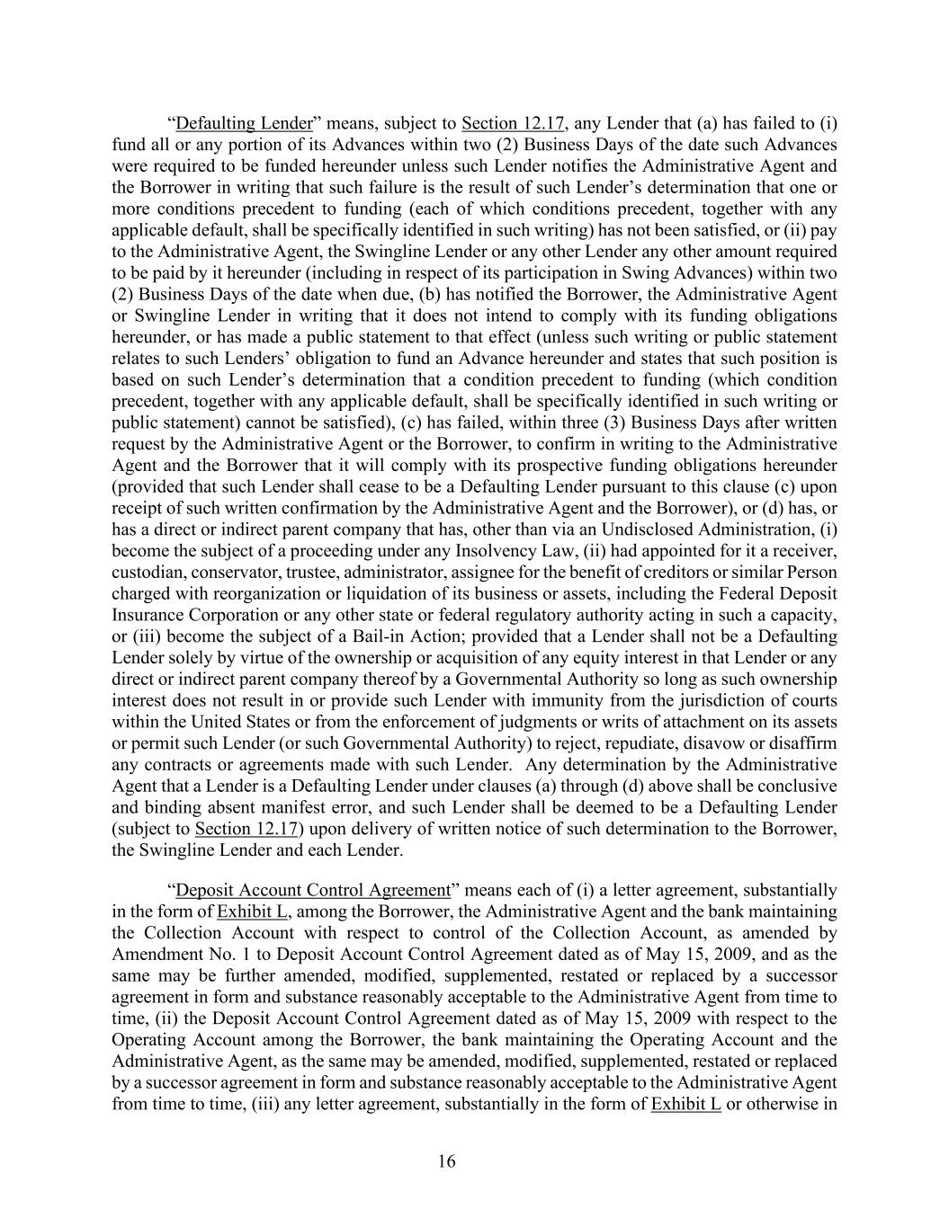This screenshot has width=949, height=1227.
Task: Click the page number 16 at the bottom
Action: pyautogui.click(x=447, y=1161)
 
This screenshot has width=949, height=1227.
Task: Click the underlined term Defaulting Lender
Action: pyautogui.click(x=244, y=123)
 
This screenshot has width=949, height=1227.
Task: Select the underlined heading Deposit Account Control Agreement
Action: pyautogui.click(x=312, y=890)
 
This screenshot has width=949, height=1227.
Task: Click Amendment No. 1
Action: pyautogui.click(x=173, y=955)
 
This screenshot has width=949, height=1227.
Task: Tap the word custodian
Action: pyautogui.click(x=144, y=573)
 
